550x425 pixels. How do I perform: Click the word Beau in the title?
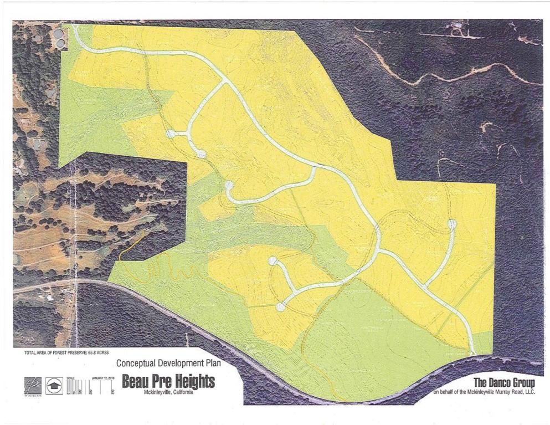(136, 382)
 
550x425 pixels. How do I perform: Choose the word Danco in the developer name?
(503, 382)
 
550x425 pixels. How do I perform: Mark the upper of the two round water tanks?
(59, 34)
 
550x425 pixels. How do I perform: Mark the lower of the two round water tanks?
(59, 42)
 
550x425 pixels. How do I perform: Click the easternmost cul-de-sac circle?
(452, 223)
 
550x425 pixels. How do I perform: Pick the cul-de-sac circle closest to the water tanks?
(171, 134)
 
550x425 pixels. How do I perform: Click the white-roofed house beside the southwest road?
(50, 298)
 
